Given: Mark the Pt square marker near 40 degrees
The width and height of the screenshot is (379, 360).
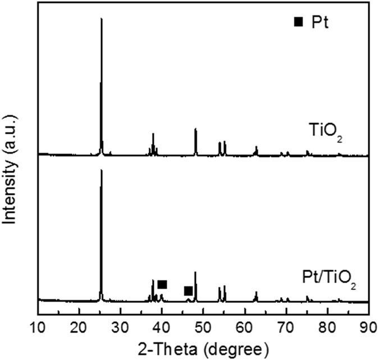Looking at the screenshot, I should point(162,284).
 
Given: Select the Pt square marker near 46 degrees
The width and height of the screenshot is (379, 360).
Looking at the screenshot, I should point(189,290).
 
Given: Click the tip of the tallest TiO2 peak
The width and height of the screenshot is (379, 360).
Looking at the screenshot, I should point(101,19).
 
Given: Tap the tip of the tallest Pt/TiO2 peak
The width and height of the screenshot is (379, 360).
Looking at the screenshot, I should point(101,170).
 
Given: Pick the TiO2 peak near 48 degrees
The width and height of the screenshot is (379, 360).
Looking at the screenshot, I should point(195,130).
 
